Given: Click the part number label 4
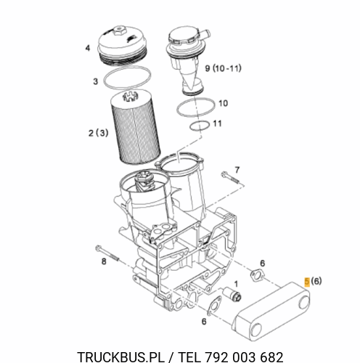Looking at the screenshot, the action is point(88,48).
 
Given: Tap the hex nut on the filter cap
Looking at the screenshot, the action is point(119,30).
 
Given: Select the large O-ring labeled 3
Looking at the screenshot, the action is point(127,77).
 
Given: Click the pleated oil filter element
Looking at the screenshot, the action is point(135,127).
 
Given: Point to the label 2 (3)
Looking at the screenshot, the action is point(98,133).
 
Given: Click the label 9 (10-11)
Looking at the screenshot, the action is point(223,68).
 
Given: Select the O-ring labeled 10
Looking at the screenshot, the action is point(196,107).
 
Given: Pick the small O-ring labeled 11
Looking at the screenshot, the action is point(200,126).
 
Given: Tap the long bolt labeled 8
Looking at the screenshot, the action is point(107,253).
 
